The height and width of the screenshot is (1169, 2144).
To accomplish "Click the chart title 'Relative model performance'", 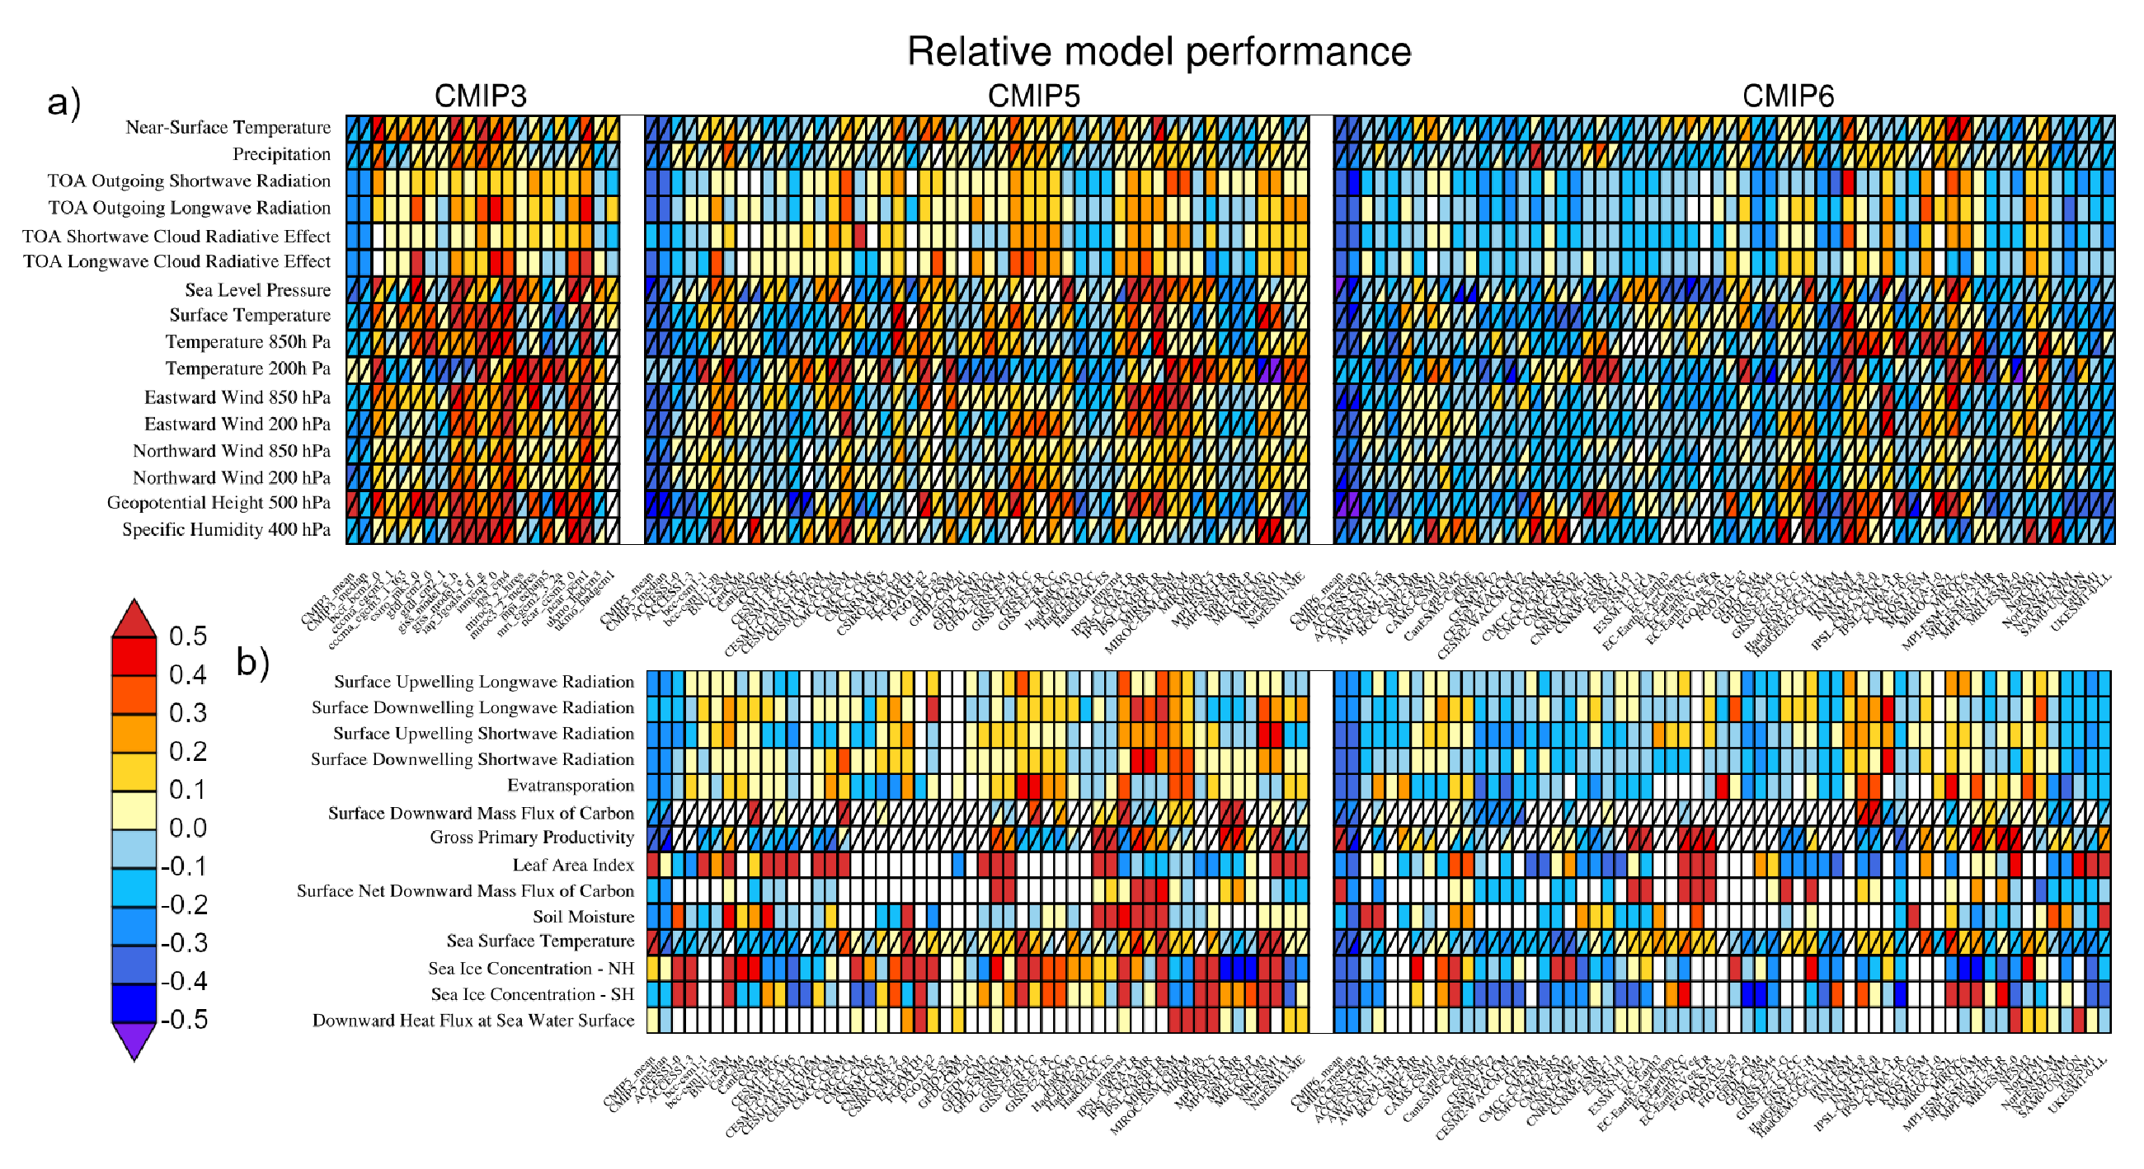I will click(1158, 52).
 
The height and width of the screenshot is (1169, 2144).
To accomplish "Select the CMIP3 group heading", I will click(480, 96).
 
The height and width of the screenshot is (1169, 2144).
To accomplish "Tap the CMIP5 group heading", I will click(1033, 96).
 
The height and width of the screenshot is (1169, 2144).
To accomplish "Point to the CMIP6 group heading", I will click(1787, 96).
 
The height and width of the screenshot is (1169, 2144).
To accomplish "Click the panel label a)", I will click(64, 102).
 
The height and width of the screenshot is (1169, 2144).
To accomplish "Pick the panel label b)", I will click(253, 662).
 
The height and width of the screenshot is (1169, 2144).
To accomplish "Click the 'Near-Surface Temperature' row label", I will click(228, 127).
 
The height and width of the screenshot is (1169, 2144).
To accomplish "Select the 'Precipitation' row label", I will click(280, 154).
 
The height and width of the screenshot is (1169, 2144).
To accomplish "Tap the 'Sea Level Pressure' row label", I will click(257, 289).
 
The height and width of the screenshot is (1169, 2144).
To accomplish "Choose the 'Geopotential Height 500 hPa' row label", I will click(218, 503).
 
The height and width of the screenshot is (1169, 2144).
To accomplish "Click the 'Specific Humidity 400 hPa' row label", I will click(226, 529).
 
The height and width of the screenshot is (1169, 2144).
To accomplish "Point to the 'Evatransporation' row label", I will click(570, 786).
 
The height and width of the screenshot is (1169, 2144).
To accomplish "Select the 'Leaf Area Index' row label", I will click(572, 865).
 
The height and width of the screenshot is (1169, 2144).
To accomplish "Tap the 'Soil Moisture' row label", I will click(583, 916).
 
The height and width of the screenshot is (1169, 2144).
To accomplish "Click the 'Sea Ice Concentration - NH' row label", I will click(530, 969).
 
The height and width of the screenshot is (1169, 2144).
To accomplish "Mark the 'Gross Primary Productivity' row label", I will click(531, 837).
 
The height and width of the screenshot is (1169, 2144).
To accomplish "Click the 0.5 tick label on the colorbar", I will click(187, 636).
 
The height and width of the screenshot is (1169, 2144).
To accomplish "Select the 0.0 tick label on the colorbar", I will click(187, 828).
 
